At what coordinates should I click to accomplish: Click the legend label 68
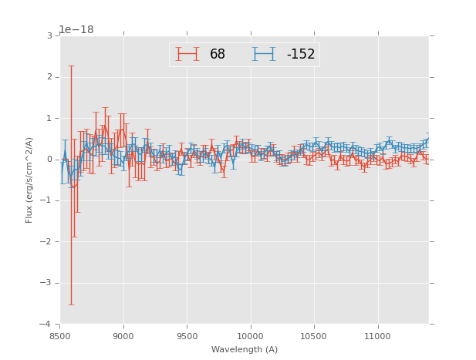[217, 55]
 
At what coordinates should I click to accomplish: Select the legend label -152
[301, 55]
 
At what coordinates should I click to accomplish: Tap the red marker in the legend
[187, 55]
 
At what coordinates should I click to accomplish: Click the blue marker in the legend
[264, 55]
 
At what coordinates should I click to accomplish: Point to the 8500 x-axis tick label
[60, 336]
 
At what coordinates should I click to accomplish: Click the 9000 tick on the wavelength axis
[123, 336]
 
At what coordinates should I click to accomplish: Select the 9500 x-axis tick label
[187, 336]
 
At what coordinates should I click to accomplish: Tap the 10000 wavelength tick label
[250, 336]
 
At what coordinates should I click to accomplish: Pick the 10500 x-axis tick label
[313, 336]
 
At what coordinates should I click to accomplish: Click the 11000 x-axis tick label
[377, 336]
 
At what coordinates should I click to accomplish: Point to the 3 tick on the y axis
[49, 36]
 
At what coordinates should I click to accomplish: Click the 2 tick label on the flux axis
[49, 77]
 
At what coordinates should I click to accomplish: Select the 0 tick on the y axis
[49, 160]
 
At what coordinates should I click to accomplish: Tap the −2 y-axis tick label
[46, 241]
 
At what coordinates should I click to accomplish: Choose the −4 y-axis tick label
[46, 324]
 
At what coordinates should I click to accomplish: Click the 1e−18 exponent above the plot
[76, 29]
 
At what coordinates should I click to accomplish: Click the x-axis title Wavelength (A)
[245, 350]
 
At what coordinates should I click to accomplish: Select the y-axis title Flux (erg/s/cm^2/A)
[29, 180]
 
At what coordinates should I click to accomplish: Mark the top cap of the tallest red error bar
[71, 66]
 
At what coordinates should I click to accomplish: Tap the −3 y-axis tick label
[46, 283]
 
